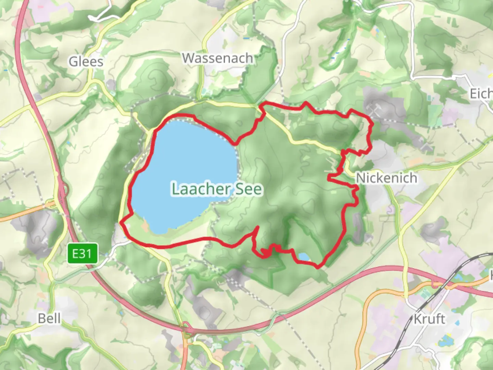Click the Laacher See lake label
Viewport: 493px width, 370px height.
[217, 189]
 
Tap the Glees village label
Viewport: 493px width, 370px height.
[86, 62]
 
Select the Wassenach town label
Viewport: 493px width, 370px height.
[217, 58]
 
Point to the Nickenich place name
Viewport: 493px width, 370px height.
[387, 178]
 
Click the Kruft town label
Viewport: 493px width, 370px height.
[429, 319]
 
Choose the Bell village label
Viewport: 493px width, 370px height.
[49, 319]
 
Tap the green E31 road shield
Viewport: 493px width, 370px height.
[82, 254]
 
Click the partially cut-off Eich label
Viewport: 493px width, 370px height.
[481, 94]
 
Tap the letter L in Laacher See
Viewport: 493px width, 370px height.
[176, 189]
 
